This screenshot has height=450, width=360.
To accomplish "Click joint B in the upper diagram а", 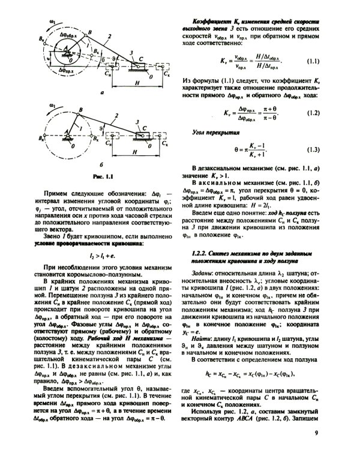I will click(x=90, y=33).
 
